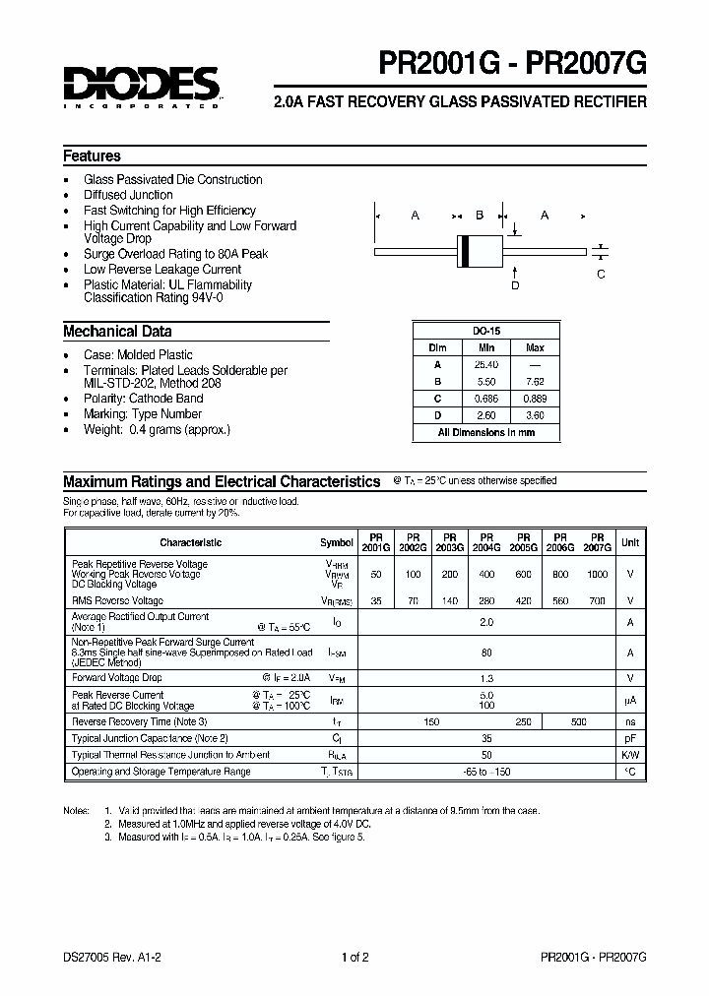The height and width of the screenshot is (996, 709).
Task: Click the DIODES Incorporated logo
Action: coord(142,87)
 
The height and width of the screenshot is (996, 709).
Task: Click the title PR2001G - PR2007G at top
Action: coord(512,66)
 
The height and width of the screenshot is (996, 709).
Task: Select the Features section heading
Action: coord(93,156)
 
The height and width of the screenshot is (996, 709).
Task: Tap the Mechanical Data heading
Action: coord(117,332)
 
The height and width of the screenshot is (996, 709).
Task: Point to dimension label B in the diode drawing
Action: coord(480,216)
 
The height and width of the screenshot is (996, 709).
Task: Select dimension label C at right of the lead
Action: coord(602,275)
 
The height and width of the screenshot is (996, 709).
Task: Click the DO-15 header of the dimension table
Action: coord(486,332)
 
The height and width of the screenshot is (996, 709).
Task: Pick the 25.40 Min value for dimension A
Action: coord(486,364)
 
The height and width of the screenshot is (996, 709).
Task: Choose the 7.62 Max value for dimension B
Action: coord(535,382)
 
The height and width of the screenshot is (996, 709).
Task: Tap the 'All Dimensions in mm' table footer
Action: coord(486,432)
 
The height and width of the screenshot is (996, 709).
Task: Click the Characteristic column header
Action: coord(191,542)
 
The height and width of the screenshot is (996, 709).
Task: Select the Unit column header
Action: coord(630,542)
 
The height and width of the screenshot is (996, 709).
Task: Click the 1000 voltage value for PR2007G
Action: coord(598,574)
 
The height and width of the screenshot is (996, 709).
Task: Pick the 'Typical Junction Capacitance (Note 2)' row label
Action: coord(151,738)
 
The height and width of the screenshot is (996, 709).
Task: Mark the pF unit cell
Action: coord(630,738)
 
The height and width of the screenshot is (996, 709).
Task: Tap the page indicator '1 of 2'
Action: coord(354,957)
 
